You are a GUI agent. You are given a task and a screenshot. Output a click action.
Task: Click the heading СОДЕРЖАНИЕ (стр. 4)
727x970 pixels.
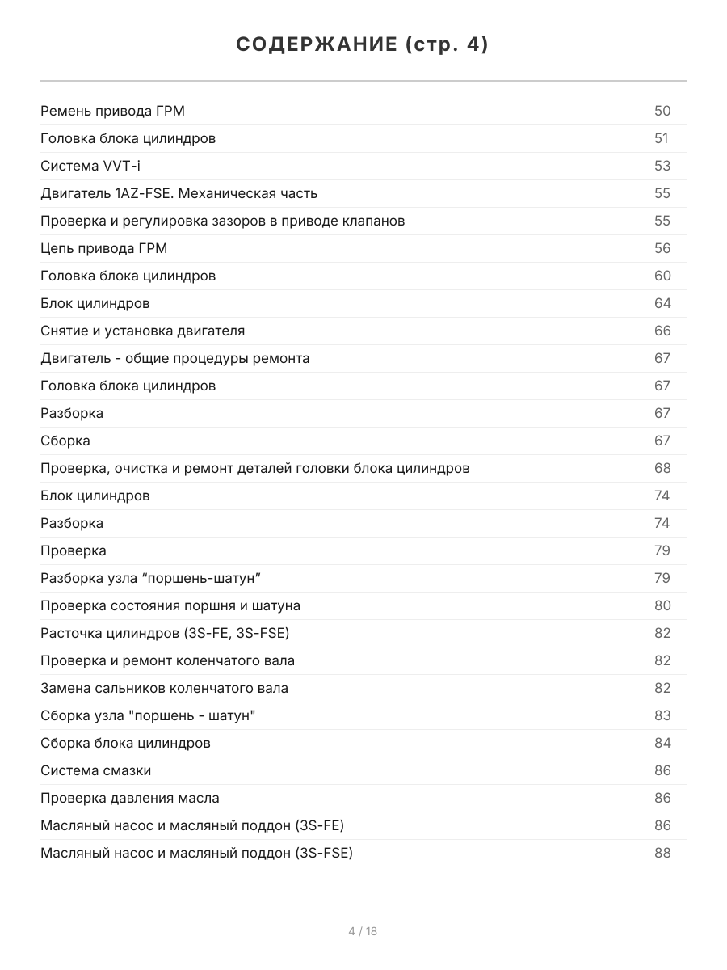pos(363,45)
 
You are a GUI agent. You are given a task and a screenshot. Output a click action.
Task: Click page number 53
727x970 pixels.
pos(662,166)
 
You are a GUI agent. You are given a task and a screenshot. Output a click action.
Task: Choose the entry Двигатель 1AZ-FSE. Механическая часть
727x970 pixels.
pos(179,193)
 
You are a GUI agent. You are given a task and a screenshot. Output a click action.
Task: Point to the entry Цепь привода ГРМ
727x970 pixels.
pos(104,248)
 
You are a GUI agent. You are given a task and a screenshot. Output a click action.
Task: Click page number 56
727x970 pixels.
pos(662,248)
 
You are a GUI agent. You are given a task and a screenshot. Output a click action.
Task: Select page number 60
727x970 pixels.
pos(662,276)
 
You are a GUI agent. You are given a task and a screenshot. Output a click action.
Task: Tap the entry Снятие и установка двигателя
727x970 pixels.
pos(142,331)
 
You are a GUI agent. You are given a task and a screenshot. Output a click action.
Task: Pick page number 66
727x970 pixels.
pos(662,331)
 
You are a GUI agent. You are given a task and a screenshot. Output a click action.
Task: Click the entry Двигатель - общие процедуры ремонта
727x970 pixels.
pos(174,358)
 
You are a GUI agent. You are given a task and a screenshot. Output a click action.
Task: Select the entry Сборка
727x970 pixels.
pos(65,441)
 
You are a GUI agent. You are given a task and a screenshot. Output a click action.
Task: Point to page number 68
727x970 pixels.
pos(662,468)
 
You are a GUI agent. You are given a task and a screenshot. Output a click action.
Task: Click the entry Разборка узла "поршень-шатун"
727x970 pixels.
pos(151,578)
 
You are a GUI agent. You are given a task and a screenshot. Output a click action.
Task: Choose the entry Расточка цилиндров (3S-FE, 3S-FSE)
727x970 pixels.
pos(165,633)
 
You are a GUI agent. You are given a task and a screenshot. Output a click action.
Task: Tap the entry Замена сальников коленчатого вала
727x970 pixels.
pos(164,688)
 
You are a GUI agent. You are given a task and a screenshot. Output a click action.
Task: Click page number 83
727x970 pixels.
pos(662,715)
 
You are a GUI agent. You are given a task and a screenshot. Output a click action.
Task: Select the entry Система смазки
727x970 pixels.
pos(95,770)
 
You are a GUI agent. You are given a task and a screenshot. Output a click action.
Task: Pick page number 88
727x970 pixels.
pos(662,853)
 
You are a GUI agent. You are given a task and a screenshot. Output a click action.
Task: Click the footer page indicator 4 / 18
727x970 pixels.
pos(363,931)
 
